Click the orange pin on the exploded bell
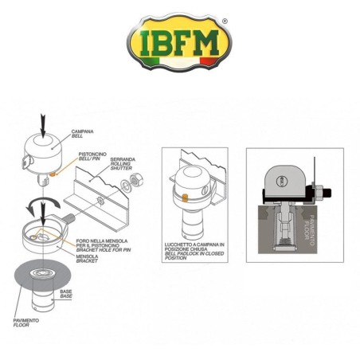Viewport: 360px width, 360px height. pyautogui.click(x=53, y=172)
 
